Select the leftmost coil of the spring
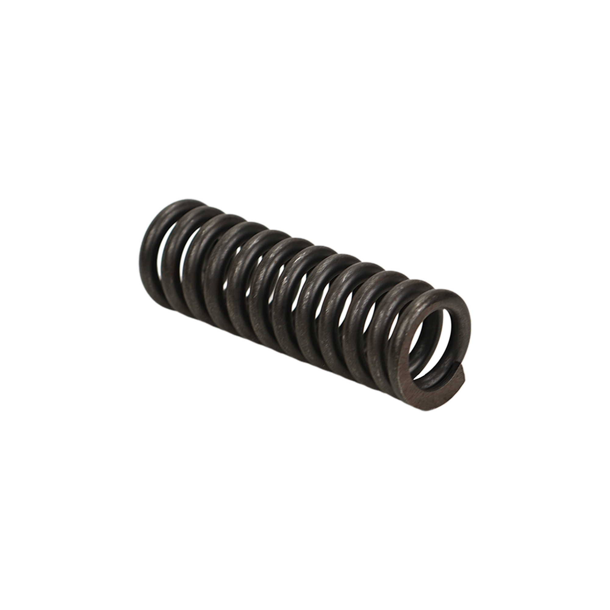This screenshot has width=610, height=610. [149, 253]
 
